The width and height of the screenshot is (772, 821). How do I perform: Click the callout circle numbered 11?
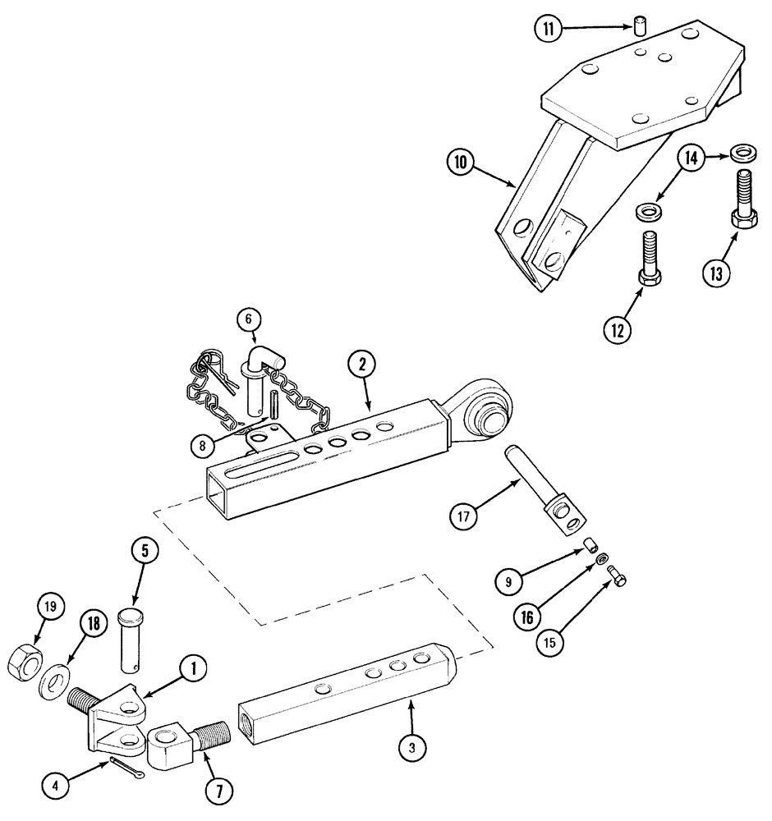tap(548, 29)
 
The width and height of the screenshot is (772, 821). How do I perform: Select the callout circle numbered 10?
tap(461, 163)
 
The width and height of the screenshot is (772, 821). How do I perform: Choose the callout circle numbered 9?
tap(508, 581)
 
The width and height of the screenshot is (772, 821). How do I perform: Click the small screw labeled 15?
tap(618, 580)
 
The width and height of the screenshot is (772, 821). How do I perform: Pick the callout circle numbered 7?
tap(219, 791)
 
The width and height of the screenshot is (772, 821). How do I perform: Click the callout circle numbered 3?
tap(413, 746)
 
